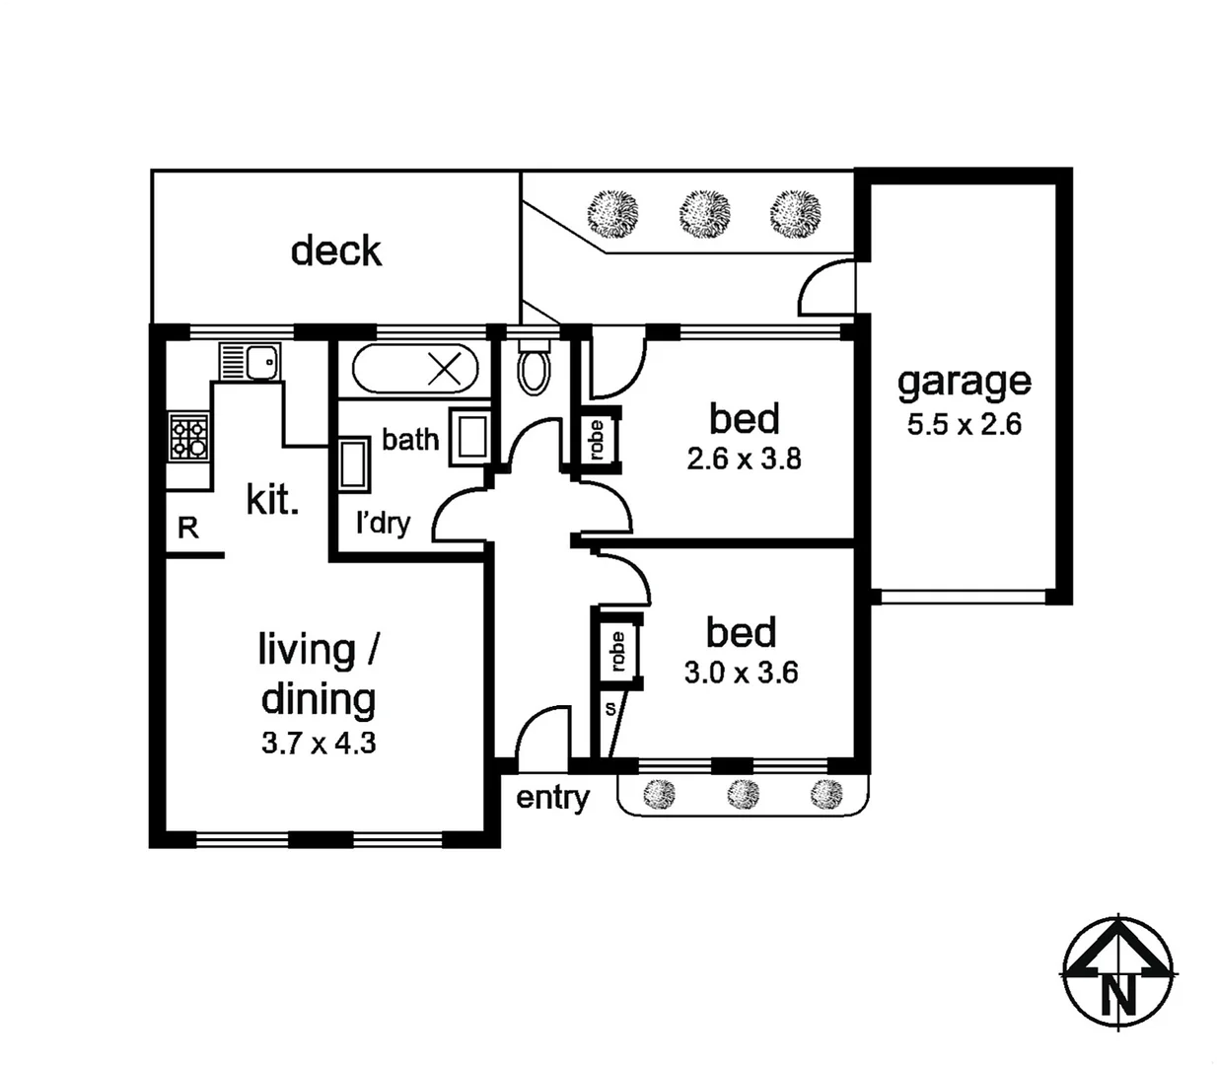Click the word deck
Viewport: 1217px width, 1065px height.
[336, 251]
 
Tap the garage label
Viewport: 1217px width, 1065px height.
[964, 381]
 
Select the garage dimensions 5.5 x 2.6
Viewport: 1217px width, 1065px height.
[964, 425]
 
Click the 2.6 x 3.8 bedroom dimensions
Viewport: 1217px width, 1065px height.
[744, 459]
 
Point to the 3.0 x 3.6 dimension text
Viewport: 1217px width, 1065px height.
[741, 673]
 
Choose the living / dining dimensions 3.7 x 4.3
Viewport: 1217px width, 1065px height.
[318, 743]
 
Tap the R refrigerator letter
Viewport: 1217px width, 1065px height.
[187, 529]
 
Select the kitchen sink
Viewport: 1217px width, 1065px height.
[250, 362]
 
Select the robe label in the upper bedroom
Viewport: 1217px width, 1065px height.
[596, 440]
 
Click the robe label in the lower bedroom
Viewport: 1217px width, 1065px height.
[617, 652]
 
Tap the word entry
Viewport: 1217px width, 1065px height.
[552, 797]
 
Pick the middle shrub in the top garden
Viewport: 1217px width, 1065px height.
[704, 212]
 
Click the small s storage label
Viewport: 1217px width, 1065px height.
[609, 708]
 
